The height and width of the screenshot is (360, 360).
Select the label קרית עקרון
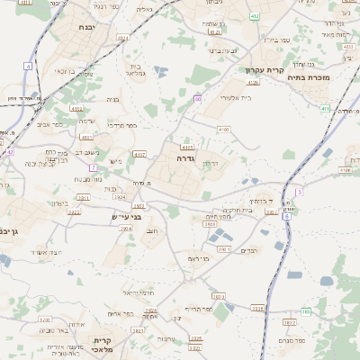[264, 69]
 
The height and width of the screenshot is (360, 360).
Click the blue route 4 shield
[28, 67]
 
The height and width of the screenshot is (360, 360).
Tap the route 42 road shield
[10, 152]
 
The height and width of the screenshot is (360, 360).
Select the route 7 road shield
[93, 167]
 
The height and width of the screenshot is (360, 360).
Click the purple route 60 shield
[197, 98]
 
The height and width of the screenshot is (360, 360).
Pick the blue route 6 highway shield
[286, 217]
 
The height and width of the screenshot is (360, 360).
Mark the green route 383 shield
[306, 311]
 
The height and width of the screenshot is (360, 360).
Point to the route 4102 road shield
[223, 130]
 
